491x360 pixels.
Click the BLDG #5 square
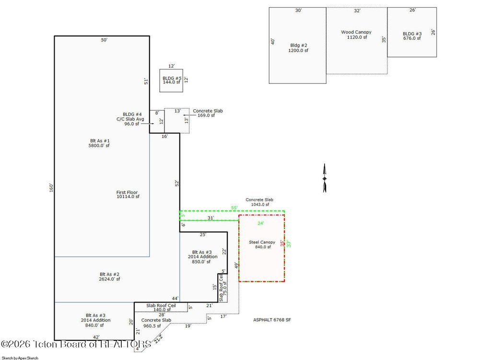[x=171, y=81]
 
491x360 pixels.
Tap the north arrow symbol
[x=325, y=178]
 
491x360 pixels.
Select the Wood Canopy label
[x=356, y=35]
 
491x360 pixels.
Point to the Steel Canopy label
[x=262, y=244]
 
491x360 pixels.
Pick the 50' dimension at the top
[x=104, y=40]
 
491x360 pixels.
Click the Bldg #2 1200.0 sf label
[x=299, y=48]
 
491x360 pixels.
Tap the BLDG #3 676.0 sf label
[x=412, y=36]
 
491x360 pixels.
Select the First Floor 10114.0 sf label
[x=128, y=194]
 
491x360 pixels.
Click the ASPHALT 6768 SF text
[x=272, y=320]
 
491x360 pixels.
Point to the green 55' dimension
[x=234, y=208]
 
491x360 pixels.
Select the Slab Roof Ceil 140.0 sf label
[x=161, y=307]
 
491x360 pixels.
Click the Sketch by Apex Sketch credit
[x=20, y=358]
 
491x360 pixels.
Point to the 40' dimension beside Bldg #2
[x=273, y=41]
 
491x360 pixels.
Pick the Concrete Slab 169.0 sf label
[x=208, y=113]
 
